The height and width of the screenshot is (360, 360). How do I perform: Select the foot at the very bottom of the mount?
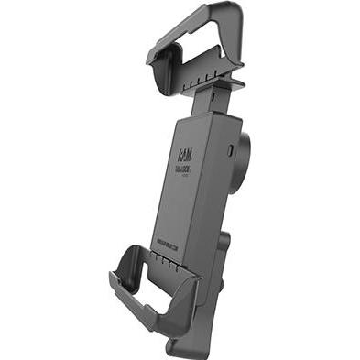click(x=183, y=348)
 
